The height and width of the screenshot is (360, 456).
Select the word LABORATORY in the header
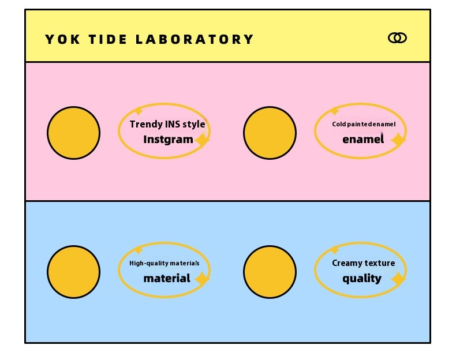pos(195,39)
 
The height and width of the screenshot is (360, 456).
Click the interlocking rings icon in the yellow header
pos(397,38)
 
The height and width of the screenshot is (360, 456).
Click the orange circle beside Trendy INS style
pos(73,133)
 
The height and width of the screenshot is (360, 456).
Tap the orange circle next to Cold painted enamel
pos(270,133)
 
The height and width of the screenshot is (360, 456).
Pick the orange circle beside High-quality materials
pos(73,272)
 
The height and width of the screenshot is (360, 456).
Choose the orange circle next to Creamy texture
pos(270,272)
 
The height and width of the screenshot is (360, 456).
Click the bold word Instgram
pos(168,139)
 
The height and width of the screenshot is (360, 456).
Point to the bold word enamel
pos(362,139)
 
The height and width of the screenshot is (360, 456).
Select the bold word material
pos(167,278)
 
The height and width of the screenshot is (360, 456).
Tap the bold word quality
pos(362,278)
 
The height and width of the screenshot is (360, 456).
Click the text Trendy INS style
pos(167,124)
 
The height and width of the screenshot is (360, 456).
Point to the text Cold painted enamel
pos(364,124)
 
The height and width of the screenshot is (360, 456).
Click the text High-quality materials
pos(165,263)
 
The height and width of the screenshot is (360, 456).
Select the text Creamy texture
pos(364,263)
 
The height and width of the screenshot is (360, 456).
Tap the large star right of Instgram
pos(202,140)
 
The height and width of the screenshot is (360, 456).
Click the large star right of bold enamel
pos(398,140)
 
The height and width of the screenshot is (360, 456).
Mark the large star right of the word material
pos(202,279)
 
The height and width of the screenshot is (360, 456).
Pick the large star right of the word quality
pos(398,279)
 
